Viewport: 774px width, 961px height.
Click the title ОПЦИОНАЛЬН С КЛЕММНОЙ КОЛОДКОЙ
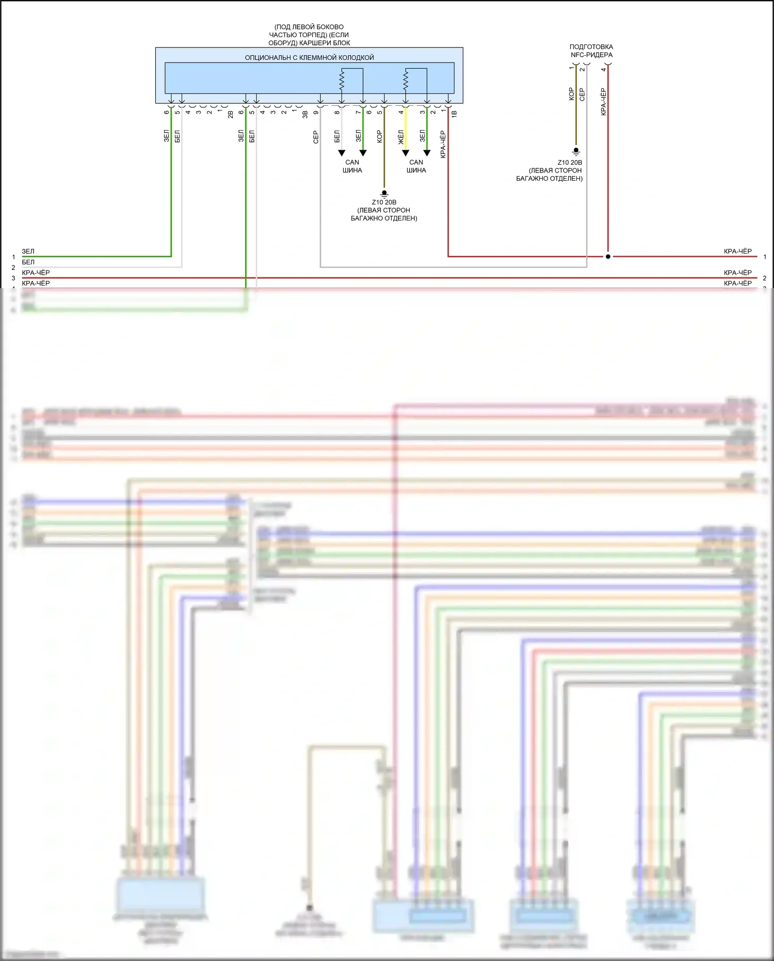click(x=309, y=57)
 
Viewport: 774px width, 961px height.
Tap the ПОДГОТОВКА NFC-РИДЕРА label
click(x=591, y=51)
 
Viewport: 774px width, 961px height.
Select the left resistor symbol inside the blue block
click(x=342, y=80)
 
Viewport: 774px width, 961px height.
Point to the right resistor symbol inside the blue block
click(x=406, y=80)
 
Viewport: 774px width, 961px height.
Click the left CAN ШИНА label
click(x=352, y=166)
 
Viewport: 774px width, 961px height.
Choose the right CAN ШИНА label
click(x=416, y=166)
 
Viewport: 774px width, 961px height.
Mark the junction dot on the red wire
click(x=608, y=257)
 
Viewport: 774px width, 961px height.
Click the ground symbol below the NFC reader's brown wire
click(x=576, y=152)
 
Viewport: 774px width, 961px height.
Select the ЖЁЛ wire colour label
click(x=401, y=136)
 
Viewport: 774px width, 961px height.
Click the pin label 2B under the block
click(x=231, y=114)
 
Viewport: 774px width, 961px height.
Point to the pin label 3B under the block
click(x=305, y=114)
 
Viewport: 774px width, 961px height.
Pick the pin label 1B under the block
click(x=454, y=114)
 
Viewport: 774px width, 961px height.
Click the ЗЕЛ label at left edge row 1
click(x=28, y=251)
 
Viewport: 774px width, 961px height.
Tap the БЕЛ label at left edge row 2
click(x=28, y=262)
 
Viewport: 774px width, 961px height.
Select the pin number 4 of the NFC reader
click(x=603, y=69)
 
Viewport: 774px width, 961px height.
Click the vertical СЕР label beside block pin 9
click(x=316, y=137)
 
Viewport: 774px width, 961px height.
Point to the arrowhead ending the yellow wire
click(x=406, y=153)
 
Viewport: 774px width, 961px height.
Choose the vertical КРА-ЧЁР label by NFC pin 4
click(x=603, y=101)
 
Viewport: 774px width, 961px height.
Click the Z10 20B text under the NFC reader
click(x=570, y=163)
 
